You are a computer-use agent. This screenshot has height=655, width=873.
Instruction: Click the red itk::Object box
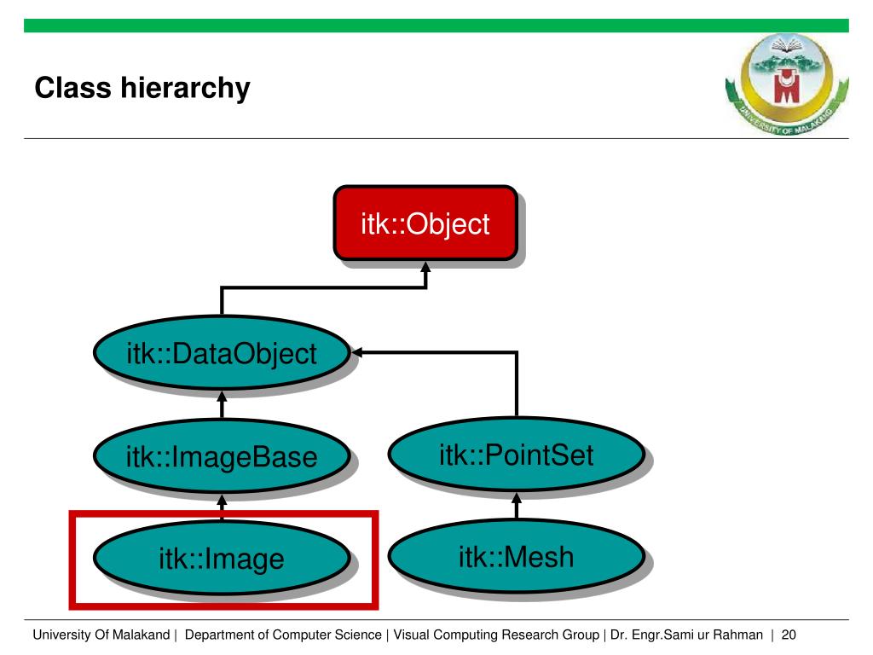tap(425, 223)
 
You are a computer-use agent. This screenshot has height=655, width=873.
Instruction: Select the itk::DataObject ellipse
tap(221, 353)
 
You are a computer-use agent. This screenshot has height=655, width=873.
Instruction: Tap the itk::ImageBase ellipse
tap(221, 457)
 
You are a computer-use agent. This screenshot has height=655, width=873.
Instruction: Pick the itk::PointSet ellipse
tap(516, 455)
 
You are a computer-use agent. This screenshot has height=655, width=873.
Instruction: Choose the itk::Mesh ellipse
tap(516, 558)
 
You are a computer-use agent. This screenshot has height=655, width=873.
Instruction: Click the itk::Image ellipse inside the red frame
tap(221, 559)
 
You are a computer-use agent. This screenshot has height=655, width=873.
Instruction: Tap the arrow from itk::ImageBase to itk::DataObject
tap(222, 405)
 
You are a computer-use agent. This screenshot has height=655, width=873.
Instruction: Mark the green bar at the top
tap(436, 26)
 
